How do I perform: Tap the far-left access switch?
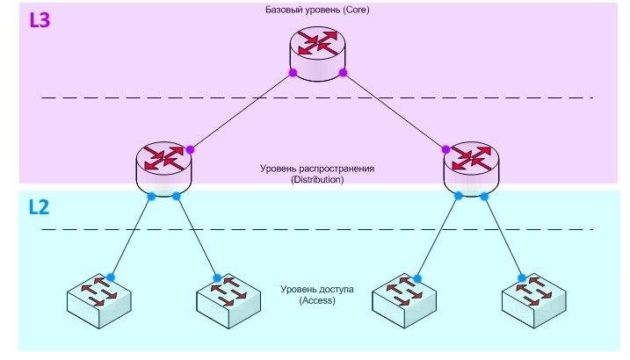click(99, 299)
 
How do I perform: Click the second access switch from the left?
click(228, 299)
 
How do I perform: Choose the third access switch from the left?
click(403, 299)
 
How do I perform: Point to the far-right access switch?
click(532, 299)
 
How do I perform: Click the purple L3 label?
click(40, 20)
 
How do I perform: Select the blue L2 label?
click(40, 208)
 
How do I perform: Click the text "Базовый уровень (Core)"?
click(315, 11)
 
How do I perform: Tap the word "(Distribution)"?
click(315, 179)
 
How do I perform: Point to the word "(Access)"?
click(317, 301)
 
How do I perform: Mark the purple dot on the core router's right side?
click(344, 71)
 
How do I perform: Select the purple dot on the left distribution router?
click(190, 149)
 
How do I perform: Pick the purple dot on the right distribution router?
click(445, 149)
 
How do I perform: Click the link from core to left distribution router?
click(241, 111)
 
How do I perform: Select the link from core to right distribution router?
click(395, 111)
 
